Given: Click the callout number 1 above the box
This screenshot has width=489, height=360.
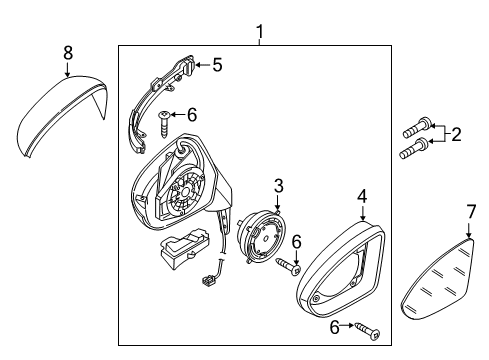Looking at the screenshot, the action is pyautogui.click(x=260, y=32).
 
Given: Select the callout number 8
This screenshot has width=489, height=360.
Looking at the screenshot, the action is pyautogui.click(x=68, y=53).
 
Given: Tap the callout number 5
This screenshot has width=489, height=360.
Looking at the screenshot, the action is pyautogui.click(x=217, y=65).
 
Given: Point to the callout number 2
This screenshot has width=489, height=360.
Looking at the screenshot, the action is pyautogui.click(x=456, y=134).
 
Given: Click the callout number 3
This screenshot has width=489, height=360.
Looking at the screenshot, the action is pyautogui.click(x=279, y=186).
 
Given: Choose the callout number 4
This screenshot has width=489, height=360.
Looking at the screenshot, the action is pyautogui.click(x=362, y=196).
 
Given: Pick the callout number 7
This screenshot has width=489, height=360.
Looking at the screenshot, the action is pyautogui.click(x=471, y=211).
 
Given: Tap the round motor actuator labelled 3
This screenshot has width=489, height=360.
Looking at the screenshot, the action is pyautogui.click(x=262, y=237).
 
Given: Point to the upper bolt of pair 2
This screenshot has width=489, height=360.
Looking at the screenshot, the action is pyautogui.click(x=417, y=129).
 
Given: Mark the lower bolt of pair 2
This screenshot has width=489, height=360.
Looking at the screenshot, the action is pyautogui.click(x=414, y=148).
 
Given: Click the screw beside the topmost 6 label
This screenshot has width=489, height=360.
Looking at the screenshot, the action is pyautogui.click(x=164, y=124).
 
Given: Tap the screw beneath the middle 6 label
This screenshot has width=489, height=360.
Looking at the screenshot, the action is pyautogui.click(x=288, y=267).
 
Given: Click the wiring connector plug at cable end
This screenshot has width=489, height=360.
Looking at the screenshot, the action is pyautogui.click(x=208, y=281).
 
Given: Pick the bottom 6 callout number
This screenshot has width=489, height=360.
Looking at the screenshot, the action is pyautogui.click(x=334, y=327).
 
